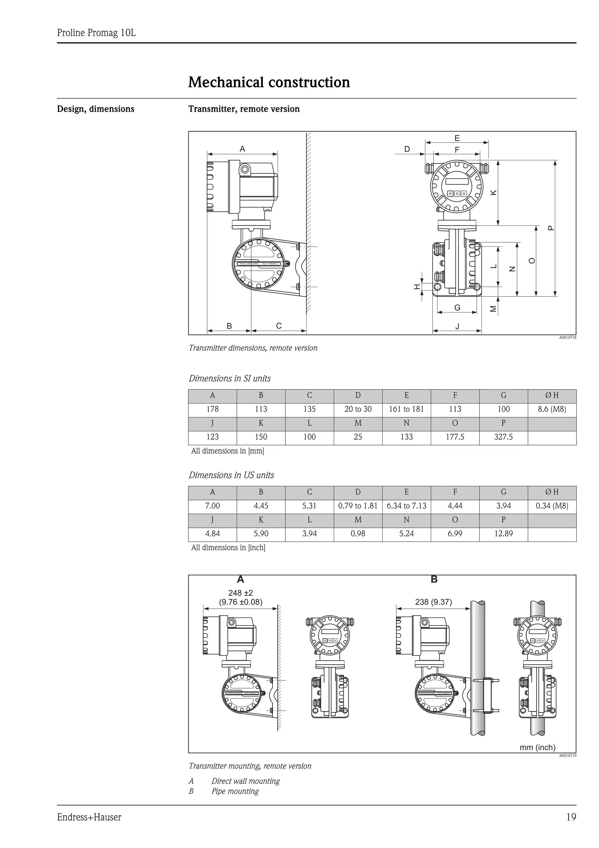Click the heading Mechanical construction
(269, 82)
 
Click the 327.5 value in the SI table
(503, 437)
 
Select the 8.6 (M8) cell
(552, 409)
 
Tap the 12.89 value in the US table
(503, 534)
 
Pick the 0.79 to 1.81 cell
(358, 506)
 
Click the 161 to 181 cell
(406, 409)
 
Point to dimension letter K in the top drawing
(493, 193)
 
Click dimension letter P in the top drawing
(551, 228)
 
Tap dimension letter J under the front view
(457, 326)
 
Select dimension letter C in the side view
(279, 326)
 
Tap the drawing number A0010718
(567, 338)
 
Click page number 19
(571, 817)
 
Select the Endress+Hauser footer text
(89, 817)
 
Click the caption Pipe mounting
(235, 791)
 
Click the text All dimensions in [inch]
(228, 547)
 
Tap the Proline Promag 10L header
(96, 33)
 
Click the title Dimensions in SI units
(230, 379)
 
